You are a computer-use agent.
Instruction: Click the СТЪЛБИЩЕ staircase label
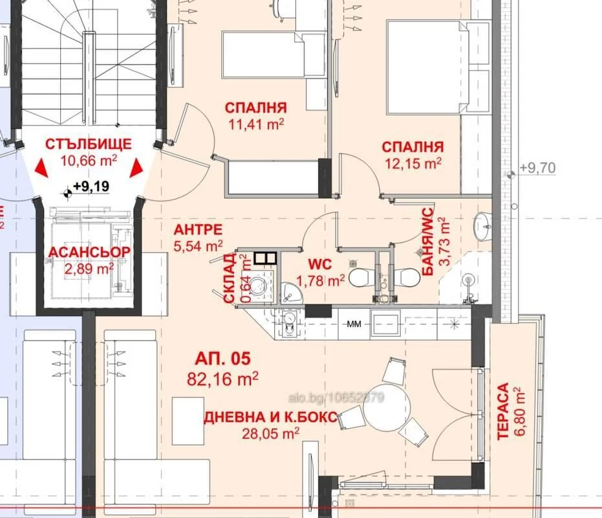click(x=89, y=144)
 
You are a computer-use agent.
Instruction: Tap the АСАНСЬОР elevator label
click(x=89, y=252)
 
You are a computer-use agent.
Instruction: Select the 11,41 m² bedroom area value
click(x=256, y=124)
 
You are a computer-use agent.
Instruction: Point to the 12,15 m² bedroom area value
click(x=413, y=163)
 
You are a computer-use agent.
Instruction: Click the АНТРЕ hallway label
click(x=198, y=230)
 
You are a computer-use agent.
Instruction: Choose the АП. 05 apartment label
click(x=222, y=359)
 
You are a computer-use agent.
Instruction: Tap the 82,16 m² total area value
click(x=222, y=379)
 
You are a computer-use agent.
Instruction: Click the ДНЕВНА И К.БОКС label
click(x=271, y=417)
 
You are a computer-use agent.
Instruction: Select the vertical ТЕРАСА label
click(x=503, y=411)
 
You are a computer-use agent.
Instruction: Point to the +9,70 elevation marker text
click(x=537, y=168)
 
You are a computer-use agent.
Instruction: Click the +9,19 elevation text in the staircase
click(x=91, y=186)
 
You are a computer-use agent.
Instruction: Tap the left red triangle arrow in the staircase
click(x=41, y=168)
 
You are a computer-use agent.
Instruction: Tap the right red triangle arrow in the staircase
click(x=136, y=168)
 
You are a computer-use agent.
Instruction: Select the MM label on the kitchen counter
click(x=354, y=324)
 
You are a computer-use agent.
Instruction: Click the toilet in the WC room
click(x=359, y=278)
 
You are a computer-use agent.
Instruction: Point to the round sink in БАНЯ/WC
click(x=482, y=226)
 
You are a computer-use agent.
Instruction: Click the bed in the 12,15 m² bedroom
click(x=428, y=67)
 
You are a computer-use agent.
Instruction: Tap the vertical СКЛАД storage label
click(x=229, y=278)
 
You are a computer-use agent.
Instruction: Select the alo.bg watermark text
click(x=336, y=398)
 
